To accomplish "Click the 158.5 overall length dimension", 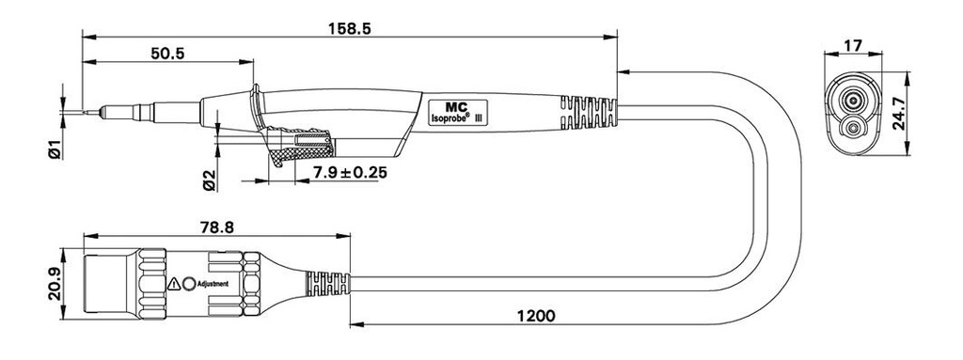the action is coord(350,28).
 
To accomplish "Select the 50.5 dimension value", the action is coord(167,54).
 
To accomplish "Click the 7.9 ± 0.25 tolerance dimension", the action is coord(350,173).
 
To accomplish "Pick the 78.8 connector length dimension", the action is coord(217,227).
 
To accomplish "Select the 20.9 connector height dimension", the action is coord(55,284).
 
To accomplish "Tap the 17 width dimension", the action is coord(854,45).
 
